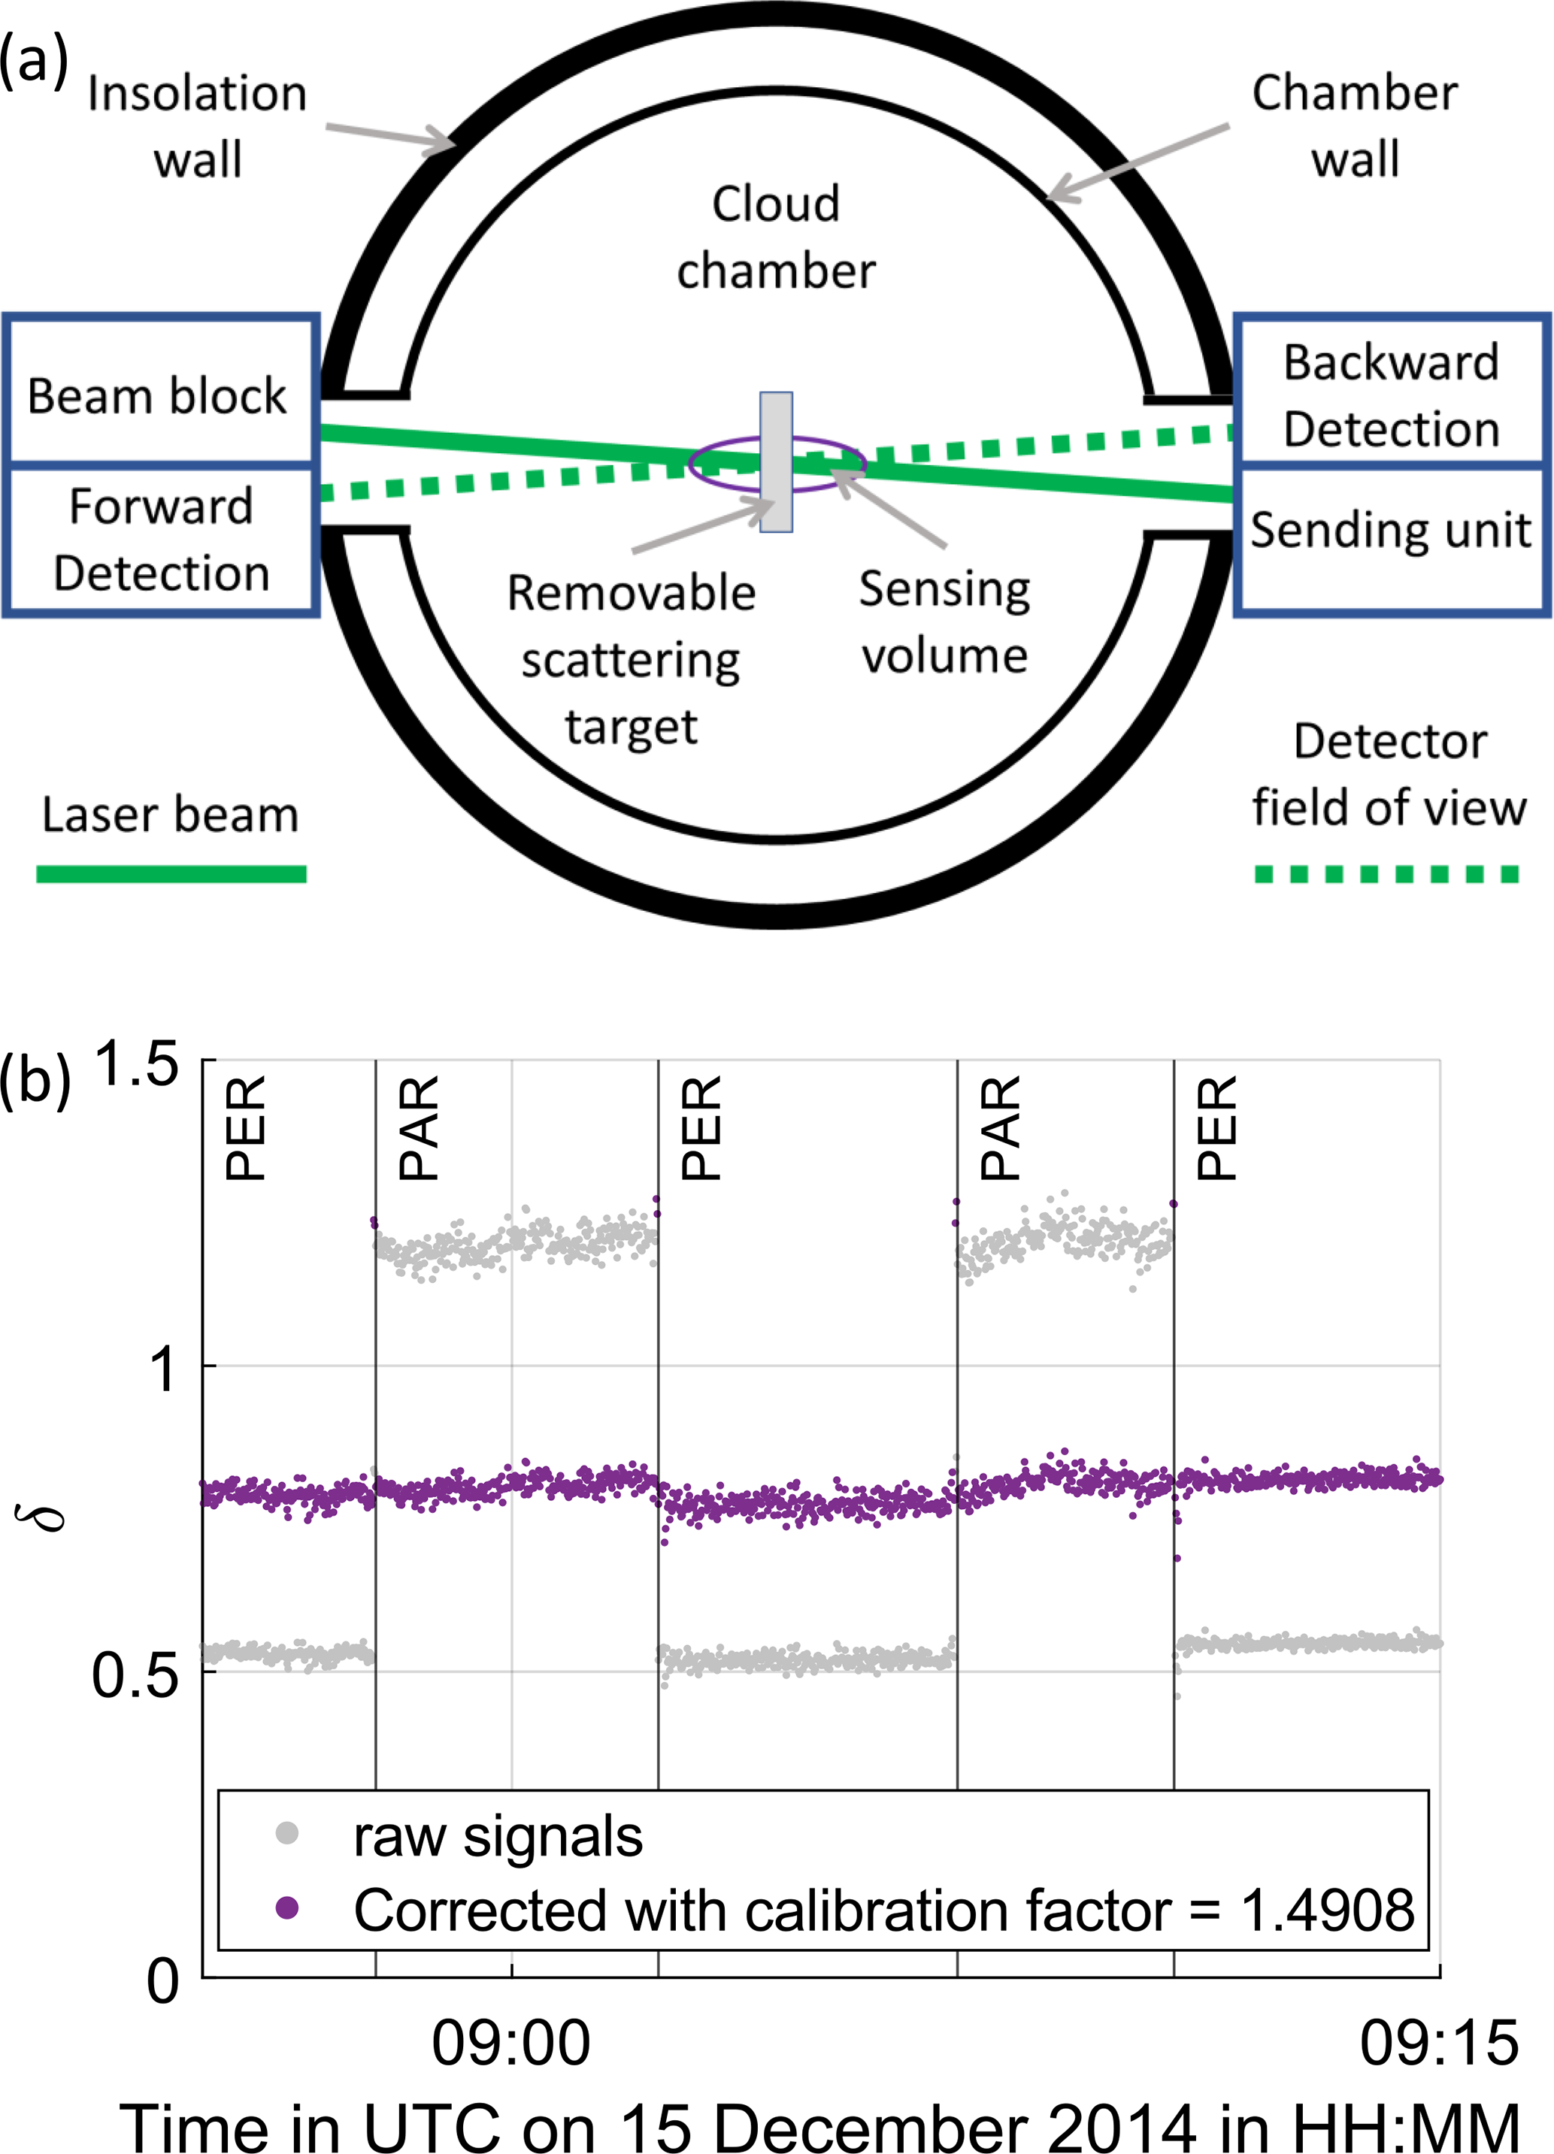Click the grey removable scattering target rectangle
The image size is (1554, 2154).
pos(776,462)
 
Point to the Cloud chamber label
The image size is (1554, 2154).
pos(776,237)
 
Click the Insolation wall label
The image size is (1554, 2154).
pos(198,126)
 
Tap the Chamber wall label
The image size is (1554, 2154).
pos(1355,126)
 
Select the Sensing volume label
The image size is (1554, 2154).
pos(944,622)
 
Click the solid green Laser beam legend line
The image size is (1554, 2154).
pos(171,874)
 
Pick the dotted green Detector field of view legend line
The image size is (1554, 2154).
pos(1387,874)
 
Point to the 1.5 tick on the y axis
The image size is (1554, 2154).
pos(138,1063)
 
